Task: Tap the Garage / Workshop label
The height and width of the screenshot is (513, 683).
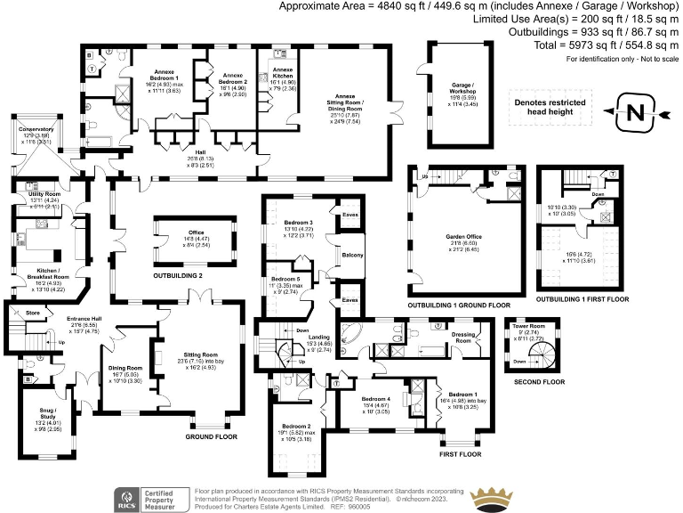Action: pos(461,88)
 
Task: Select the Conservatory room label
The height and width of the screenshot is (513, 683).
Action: pos(29,129)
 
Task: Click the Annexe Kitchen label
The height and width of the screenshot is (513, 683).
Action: pos(283,69)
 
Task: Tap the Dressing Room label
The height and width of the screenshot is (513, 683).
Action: pos(463,337)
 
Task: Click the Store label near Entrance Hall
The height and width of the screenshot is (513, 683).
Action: pos(34,313)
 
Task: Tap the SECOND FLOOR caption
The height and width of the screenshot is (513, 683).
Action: pos(539,381)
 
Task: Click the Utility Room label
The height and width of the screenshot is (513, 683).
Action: pos(44,193)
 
